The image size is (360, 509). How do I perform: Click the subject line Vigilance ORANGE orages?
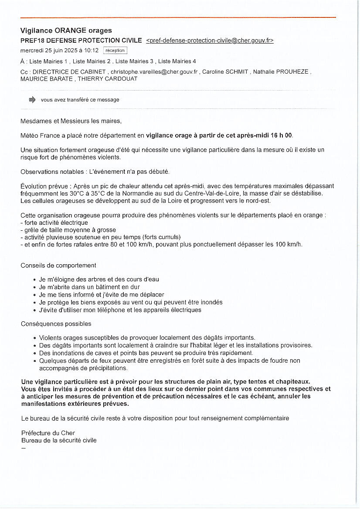(66, 30)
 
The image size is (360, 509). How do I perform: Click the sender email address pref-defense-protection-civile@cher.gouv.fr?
(210, 40)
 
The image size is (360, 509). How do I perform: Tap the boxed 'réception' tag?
(115, 51)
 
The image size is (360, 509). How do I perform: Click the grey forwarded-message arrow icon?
(32, 100)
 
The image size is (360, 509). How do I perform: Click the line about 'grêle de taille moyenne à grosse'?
(68, 229)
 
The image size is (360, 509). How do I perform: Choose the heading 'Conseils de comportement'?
(58, 265)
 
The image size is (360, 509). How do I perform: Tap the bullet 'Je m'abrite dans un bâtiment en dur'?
(89, 287)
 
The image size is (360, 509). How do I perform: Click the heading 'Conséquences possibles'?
(56, 324)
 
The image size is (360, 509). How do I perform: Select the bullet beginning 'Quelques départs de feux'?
(170, 361)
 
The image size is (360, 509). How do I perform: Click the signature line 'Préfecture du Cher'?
(48, 433)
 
